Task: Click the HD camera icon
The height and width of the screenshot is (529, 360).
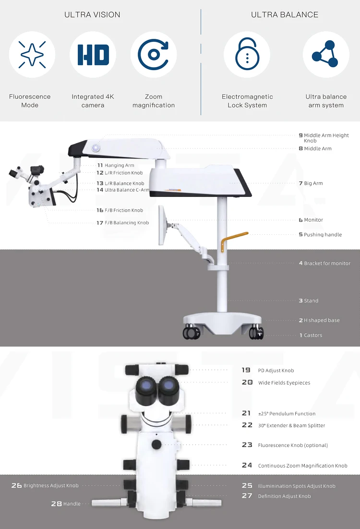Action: click(93, 55)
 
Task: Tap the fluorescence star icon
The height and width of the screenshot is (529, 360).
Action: click(32, 55)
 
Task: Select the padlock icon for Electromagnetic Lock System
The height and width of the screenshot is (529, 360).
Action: click(247, 55)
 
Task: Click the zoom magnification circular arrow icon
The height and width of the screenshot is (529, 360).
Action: click(153, 55)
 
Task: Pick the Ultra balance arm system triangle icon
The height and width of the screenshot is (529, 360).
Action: click(325, 55)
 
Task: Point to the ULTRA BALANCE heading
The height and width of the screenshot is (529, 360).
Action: click(285, 15)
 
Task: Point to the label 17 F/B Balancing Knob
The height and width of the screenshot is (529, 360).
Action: click(123, 223)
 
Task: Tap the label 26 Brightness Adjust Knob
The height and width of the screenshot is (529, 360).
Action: click(45, 486)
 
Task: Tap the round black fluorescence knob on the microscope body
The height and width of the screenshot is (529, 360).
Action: click(156, 445)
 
